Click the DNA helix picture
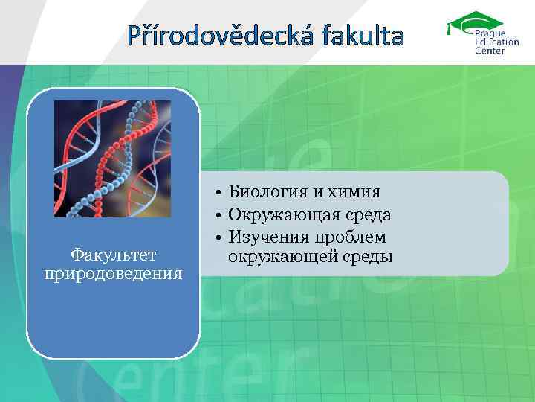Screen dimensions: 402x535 pos(112,159)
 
